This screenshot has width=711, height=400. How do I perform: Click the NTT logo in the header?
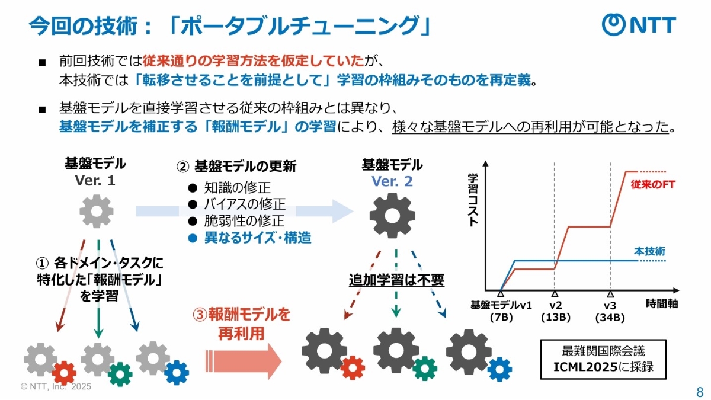click(x=639, y=25)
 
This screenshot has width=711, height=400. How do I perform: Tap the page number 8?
click(x=700, y=392)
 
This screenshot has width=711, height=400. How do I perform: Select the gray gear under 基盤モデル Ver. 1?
click(x=96, y=212)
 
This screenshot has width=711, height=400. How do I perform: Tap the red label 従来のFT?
click(x=653, y=185)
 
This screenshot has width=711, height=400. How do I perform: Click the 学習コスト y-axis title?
click(x=473, y=200)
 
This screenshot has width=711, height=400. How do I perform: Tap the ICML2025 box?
click(x=603, y=359)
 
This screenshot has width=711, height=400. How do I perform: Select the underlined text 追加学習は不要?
click(x=396, y=280)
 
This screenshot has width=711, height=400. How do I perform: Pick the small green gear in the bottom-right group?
click(x=425, y=368)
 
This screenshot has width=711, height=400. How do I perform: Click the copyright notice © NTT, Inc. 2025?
click(x=56, y=386)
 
